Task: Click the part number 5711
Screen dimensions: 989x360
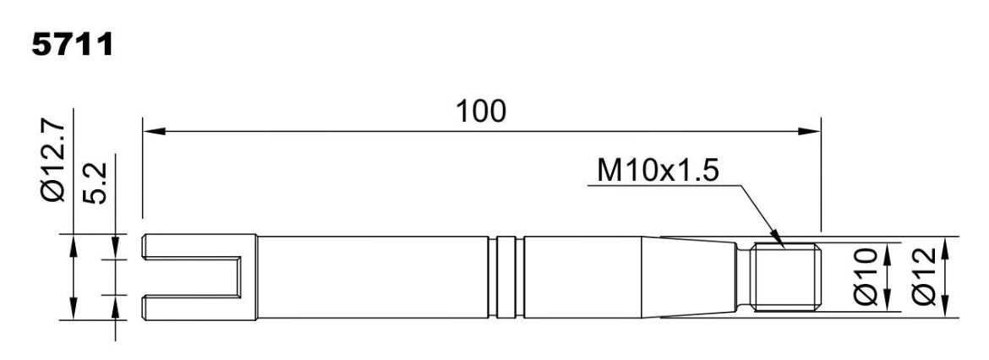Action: pyautogui.click(x=73, y=44)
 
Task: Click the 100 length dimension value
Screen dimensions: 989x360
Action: pyautogui.click(x=481, y=112)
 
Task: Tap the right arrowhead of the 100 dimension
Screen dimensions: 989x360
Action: pyautogui.click(x=810, y=131)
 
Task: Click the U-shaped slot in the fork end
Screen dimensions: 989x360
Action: pyautogui.click(x=193, y=277)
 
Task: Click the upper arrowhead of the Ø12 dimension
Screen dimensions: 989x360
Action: pyautogui.click(x=945, y=247)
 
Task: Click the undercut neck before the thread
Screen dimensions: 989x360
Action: pyautogui.click(x=744, y=277)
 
